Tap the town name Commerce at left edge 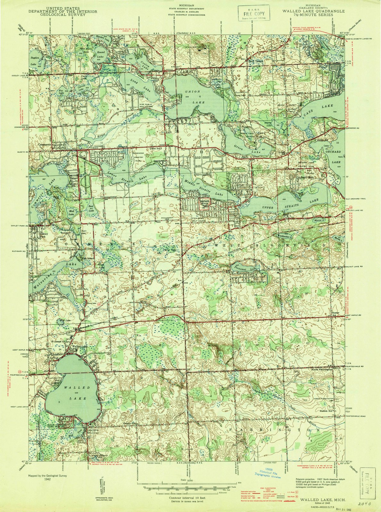click(45, 145)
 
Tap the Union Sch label click(155, 148)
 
